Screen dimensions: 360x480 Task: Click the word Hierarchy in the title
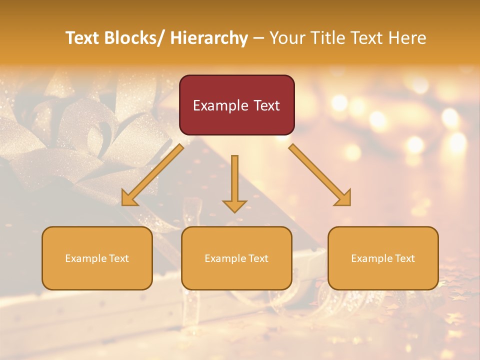click(x=209, y=38)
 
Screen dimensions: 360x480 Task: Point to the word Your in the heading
click(x=286, y=38)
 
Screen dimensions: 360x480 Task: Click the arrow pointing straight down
click(x=234, y=180)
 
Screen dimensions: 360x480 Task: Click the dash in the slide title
click(x=258, y=38)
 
